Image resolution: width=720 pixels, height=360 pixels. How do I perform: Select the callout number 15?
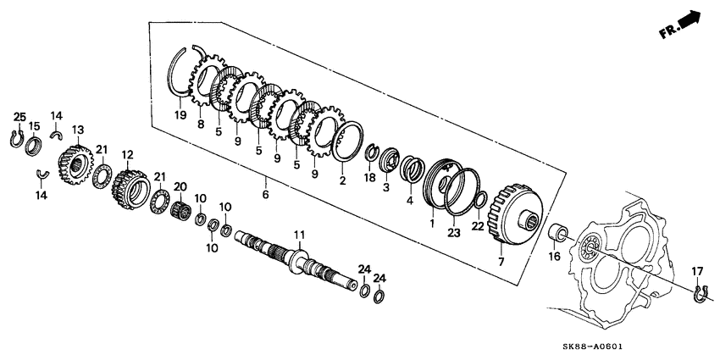[35, 126]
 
